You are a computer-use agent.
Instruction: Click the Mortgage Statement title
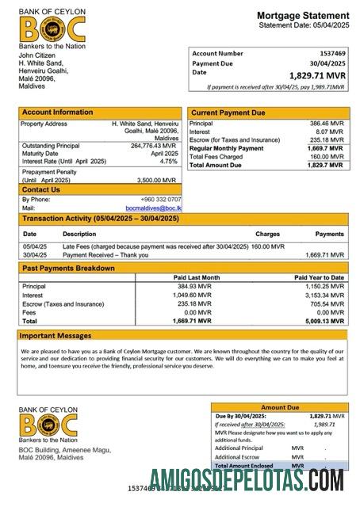pyautogui.click(x=302, y=16)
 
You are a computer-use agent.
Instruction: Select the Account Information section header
pyautogui.click(x=57, y=112)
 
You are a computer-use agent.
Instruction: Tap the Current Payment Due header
pyautogui.click(x=228, y=113)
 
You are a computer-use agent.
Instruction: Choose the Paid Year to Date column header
pyautogui.click(x=319, y=277)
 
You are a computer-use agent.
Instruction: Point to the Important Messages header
pyautogui.click(x=56, y=335)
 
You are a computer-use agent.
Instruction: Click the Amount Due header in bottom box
pyautogui.click(x=280, y=406)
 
